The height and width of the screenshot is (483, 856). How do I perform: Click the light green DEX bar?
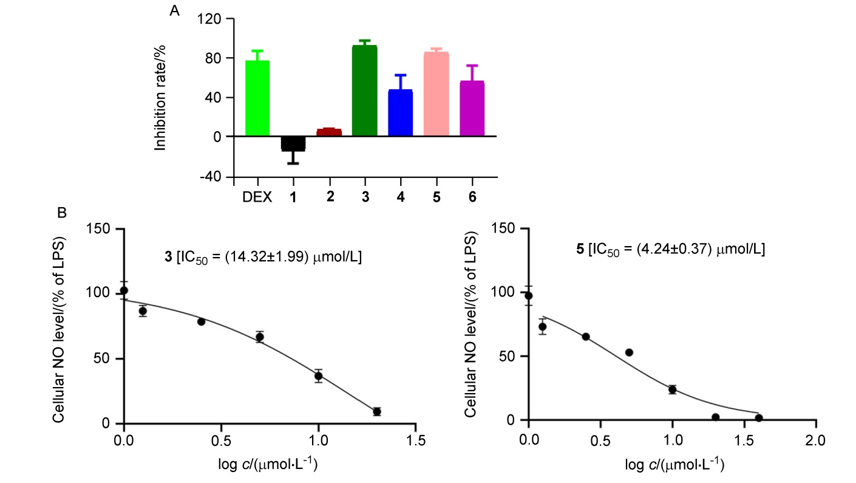tap(257, 98)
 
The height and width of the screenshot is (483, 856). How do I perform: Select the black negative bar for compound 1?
tap(293, 143)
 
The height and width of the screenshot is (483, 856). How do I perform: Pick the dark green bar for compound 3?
tap(365, 91)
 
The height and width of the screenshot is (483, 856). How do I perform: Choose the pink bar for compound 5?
tap(436, 94)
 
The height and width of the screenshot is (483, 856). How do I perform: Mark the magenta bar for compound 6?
tap(472, 109)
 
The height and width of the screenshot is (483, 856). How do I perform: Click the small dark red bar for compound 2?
tap(329, 132)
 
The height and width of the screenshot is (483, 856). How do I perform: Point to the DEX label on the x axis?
tap(257, 197)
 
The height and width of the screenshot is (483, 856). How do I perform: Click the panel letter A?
tap(175, 11)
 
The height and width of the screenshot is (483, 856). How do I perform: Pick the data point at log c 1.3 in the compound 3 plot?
tap(377, 411)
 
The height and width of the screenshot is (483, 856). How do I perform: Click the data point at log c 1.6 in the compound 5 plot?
tap(759, 417)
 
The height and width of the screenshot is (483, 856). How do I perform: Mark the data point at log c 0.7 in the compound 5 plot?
tap(629, 352)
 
